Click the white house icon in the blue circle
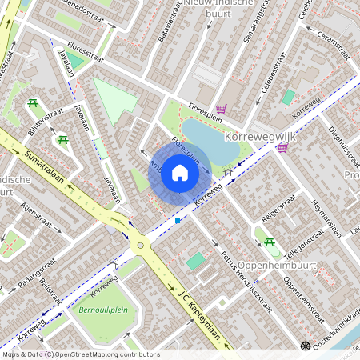(x=180, y=172)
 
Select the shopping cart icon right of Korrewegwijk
(x=282, y=147)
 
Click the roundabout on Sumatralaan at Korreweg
(x=141, y=246)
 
